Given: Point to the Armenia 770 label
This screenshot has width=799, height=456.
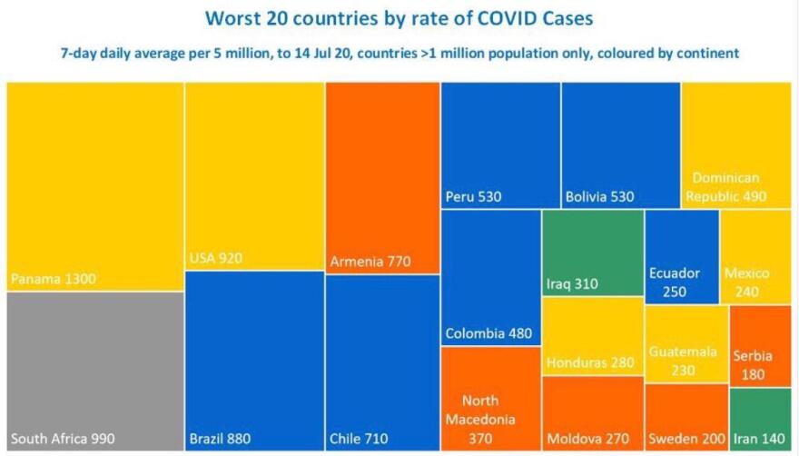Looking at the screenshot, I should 371,262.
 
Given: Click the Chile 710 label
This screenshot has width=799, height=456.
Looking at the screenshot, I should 359,440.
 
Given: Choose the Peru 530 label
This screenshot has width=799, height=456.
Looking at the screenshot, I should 473,195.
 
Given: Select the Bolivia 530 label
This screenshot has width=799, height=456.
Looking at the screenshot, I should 599,195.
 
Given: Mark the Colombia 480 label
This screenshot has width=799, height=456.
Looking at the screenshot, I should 488,333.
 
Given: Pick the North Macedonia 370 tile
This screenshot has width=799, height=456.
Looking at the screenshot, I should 490,400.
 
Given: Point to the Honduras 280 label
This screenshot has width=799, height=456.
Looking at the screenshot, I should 589,362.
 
